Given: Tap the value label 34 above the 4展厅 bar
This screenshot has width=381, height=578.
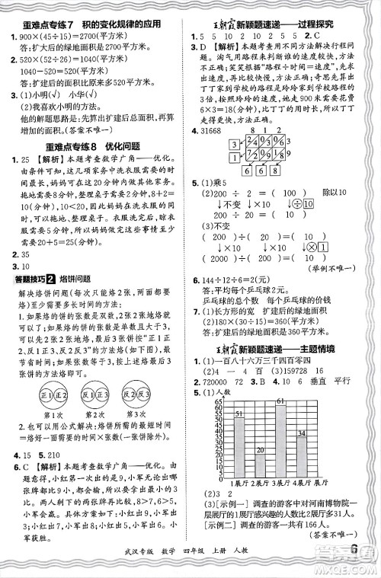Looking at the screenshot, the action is (301, 433).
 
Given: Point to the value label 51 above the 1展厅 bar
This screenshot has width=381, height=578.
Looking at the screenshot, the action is (239, 414).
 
